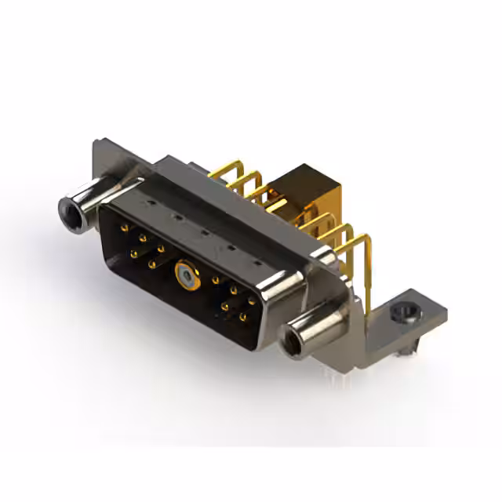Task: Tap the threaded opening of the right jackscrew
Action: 297,342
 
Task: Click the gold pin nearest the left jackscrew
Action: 125,228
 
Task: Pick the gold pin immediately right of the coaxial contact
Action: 215,280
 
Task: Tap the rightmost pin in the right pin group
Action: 251,300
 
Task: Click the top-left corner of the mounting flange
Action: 96,144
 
